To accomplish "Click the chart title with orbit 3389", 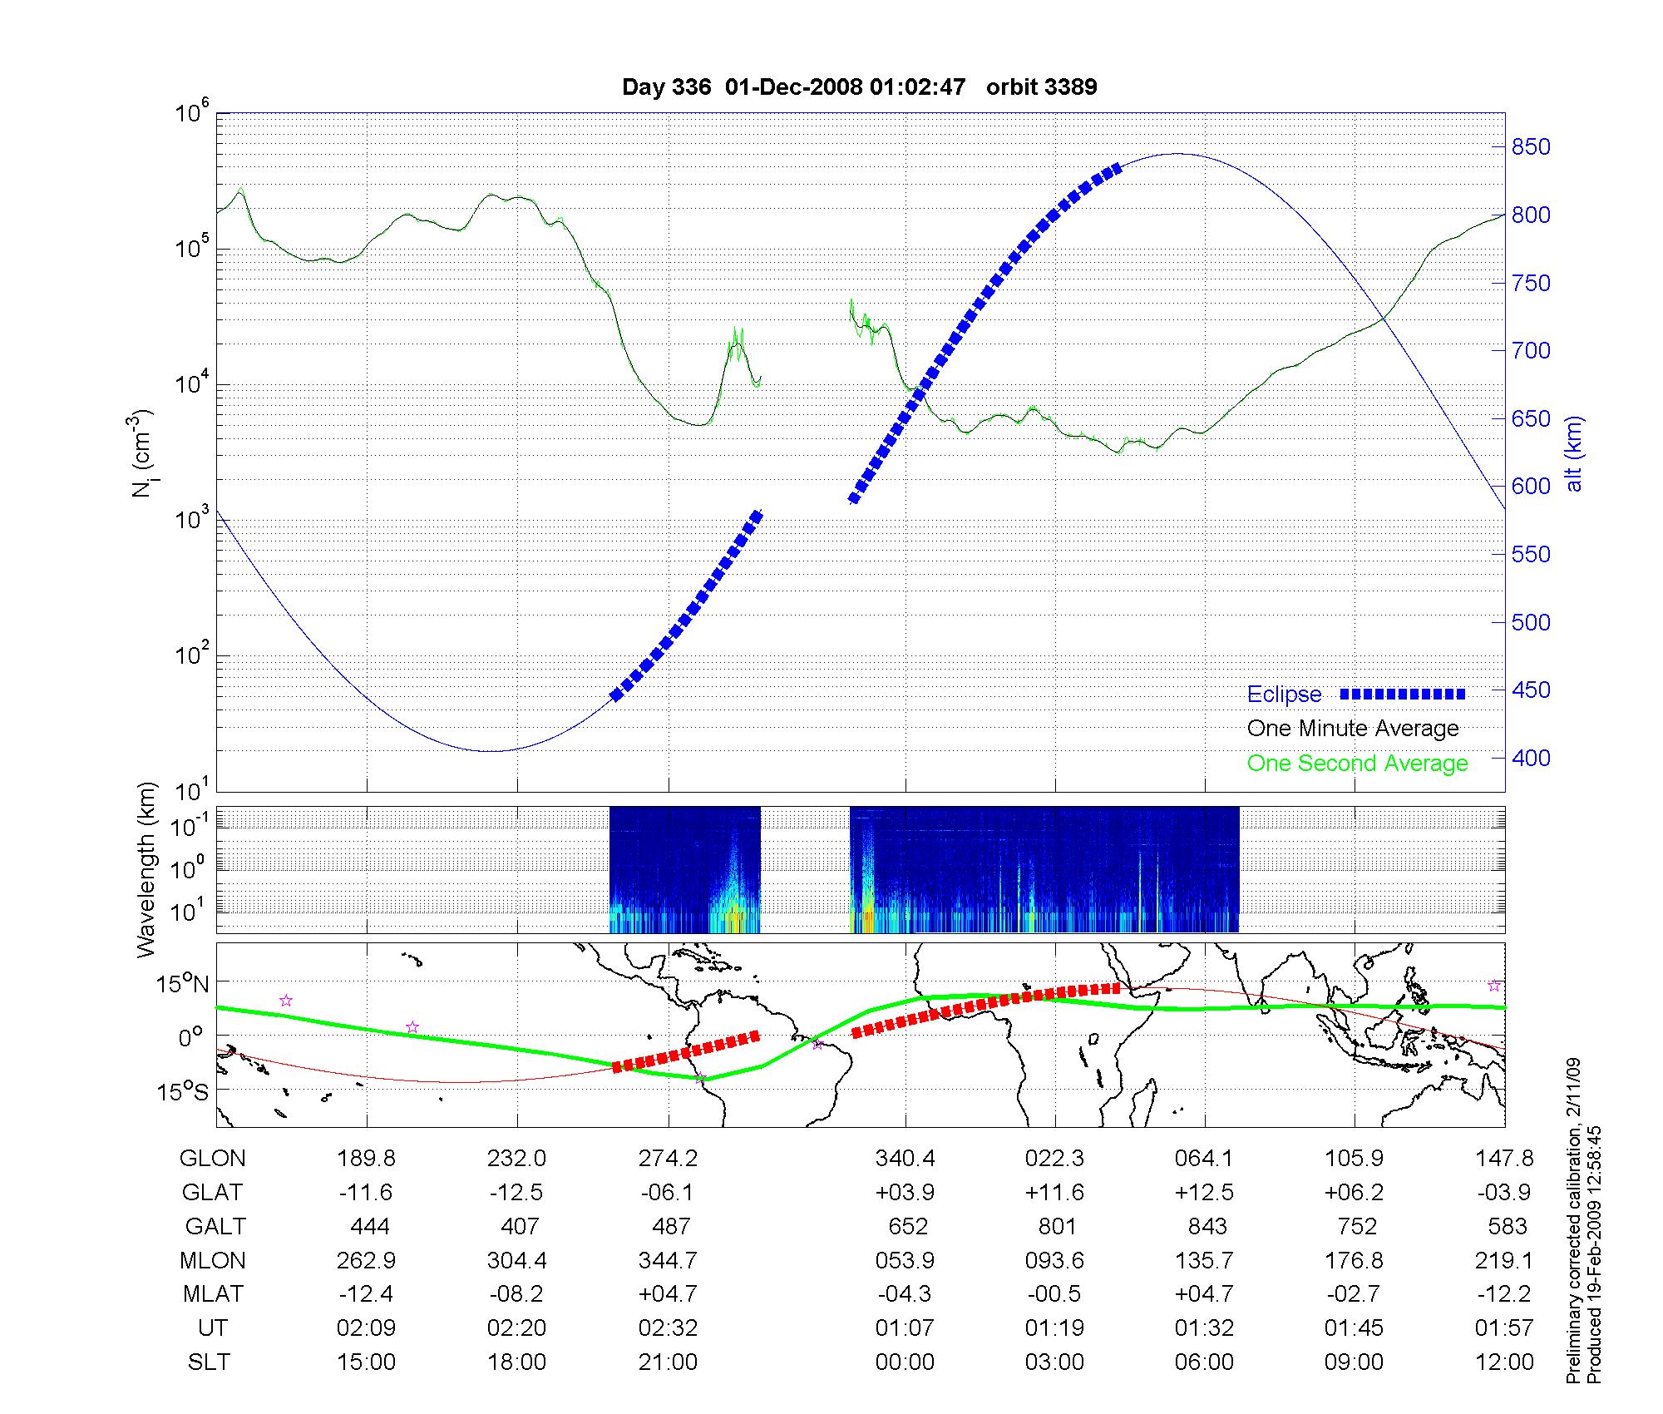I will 859,87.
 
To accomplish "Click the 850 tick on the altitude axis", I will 1531,147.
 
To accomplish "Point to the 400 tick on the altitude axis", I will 1531,758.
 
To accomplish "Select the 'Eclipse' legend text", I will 1284,695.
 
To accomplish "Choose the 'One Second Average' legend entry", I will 1357,764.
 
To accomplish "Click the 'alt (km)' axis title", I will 1574,453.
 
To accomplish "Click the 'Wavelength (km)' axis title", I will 146,869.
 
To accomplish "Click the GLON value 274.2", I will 668,1158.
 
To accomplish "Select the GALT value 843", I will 1207,1226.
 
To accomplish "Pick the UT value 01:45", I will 1354,1327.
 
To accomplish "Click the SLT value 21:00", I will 668,1362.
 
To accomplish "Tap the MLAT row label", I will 213,1293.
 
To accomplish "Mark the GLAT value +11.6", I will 1054,1192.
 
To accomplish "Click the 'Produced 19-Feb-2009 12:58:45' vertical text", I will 1595,1254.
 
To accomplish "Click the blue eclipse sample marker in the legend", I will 1403,694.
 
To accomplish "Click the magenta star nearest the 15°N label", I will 286,1001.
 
